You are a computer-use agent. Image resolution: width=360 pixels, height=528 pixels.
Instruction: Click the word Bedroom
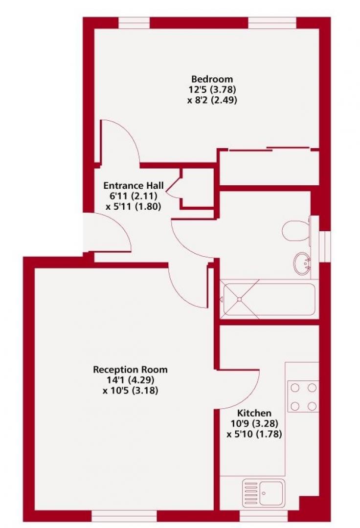pos(212,79)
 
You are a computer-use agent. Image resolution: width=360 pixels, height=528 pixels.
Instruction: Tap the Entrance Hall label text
pos(133,186)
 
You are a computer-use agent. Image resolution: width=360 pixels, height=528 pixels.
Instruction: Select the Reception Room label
pos(130,369)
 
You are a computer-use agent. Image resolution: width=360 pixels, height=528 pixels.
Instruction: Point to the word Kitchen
pos(254,413)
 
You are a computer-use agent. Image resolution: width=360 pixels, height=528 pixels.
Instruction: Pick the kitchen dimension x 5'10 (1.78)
pos(254,434)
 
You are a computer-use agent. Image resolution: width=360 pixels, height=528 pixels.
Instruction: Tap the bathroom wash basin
pos(303,263)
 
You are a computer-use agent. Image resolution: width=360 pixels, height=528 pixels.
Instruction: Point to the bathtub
pos(269,299)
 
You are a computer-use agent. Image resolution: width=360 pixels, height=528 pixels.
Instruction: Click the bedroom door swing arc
pos(122,142)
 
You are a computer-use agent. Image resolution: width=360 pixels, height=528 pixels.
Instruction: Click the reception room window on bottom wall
pos(124,516)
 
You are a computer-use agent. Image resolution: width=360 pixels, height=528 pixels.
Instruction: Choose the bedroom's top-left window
pos(134,23)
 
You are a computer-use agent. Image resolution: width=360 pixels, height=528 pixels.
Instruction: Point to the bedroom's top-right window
pos(272,23)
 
